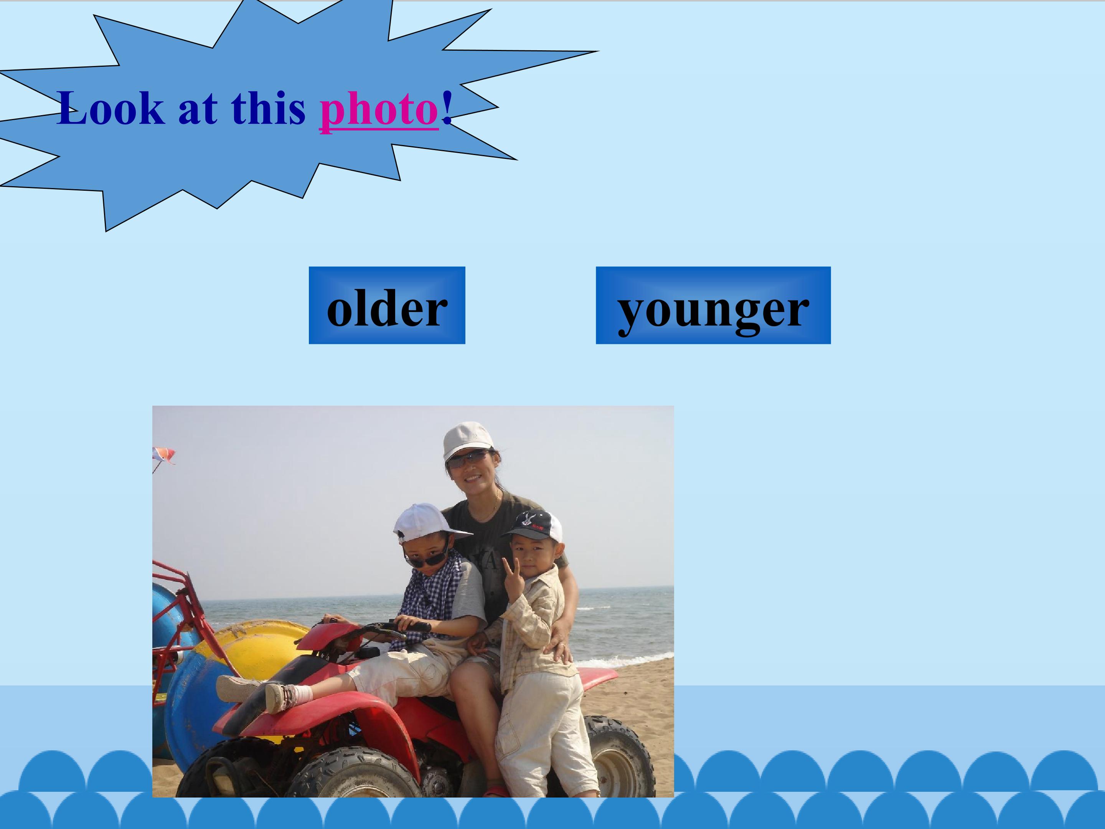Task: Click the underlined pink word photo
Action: (379, 109)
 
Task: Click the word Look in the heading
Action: (111, 109)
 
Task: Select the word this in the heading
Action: (268, 109)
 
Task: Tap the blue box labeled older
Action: (387, 306)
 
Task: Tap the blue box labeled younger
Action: (713, 306)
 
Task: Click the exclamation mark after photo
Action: (447, 109)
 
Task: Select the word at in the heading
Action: (197, 109)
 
